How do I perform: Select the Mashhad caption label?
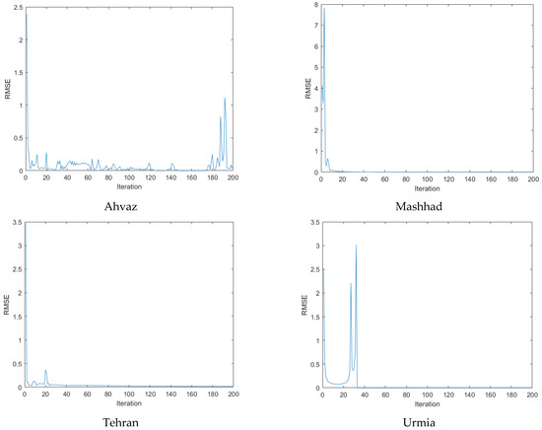tap(428, 205)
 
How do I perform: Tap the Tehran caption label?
tap(130, 421)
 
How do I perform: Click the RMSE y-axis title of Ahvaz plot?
tap(8, 89)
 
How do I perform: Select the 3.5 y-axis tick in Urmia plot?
tap(313, 225)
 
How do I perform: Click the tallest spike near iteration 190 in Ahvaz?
tap(225, 99)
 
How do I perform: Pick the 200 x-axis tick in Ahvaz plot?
tap(233, 179)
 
